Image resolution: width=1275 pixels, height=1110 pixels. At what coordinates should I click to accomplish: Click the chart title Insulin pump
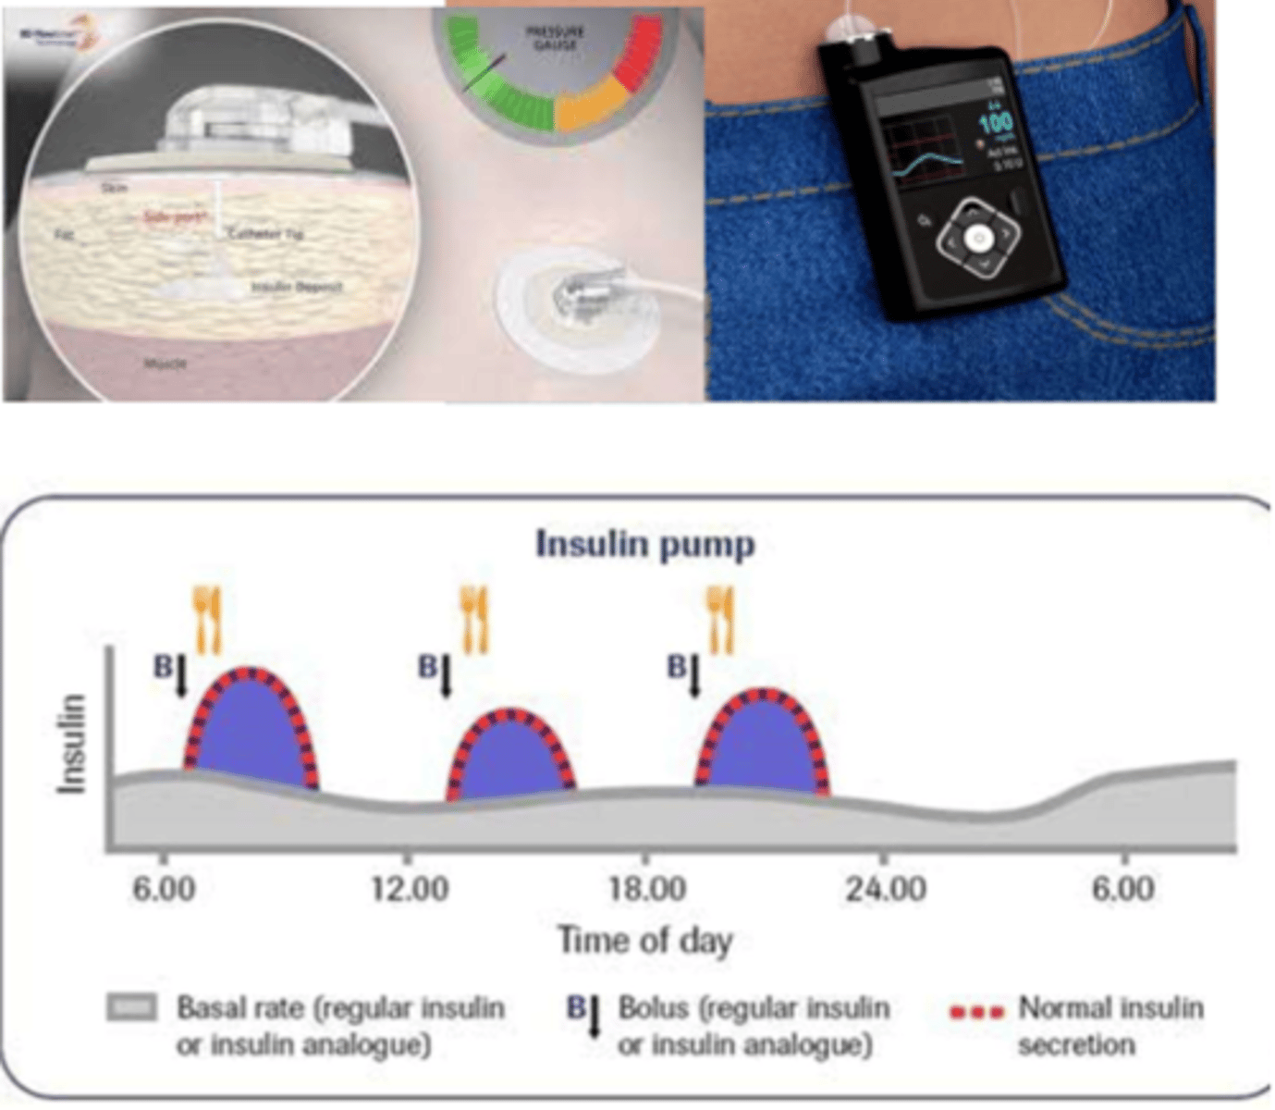coord(645,544)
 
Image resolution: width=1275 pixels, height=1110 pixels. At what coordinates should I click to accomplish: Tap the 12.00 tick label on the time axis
coord(410,889)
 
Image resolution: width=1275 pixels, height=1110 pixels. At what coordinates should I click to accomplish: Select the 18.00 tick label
coord(647,889)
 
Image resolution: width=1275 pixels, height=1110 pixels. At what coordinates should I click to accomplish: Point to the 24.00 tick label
coord(886,889)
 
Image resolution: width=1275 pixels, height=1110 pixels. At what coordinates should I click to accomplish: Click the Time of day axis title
coord(645,941)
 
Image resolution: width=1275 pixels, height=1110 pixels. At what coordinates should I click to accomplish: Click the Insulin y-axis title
coord(72,743)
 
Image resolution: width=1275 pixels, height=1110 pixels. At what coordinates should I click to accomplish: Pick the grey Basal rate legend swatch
coord(131,1007)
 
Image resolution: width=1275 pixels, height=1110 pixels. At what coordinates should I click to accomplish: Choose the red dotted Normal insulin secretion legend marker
coord(976,1012)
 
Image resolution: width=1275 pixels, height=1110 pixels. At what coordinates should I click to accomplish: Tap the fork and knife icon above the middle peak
coord(474,620)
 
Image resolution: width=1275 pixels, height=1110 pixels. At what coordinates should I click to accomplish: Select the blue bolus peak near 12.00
coord(510,758)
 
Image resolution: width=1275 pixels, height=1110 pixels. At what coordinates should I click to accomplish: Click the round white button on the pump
coord(979,240)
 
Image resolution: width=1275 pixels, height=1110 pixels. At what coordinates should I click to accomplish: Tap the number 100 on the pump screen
coord(996,124)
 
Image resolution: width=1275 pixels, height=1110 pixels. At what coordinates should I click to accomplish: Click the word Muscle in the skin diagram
coord(166,364)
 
